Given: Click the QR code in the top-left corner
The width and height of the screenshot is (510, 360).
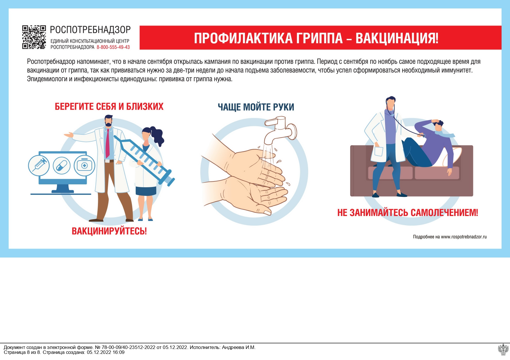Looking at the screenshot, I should click(34, 37).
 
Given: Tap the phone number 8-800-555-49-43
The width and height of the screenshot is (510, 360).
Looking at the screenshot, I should click(113, 47).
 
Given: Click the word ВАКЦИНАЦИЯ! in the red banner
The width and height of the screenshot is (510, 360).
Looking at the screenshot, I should click(397, 38).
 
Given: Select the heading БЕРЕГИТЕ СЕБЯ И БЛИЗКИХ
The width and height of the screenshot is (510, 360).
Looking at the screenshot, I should click(109, 107).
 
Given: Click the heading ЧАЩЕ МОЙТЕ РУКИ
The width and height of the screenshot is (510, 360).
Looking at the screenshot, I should click(256, 107).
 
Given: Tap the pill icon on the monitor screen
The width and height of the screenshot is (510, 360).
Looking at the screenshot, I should click(62, 166).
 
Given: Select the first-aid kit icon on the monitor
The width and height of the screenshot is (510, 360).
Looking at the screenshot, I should click(84, 166).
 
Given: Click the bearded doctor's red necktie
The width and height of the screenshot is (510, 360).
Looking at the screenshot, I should click(108, 144).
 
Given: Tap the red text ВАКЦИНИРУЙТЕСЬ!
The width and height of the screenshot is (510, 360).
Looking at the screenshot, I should click(109, 231).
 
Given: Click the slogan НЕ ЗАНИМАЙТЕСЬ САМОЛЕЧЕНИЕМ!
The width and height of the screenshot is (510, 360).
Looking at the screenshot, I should click(407, 213).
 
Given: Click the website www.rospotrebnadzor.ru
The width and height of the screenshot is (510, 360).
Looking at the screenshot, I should click(464, 237).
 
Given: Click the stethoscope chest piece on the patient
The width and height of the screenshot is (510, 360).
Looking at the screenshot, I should click(423, 136).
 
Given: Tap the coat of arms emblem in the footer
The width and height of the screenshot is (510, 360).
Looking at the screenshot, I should click(503, 350).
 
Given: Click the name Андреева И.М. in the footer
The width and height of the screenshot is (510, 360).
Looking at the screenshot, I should click(238, 347).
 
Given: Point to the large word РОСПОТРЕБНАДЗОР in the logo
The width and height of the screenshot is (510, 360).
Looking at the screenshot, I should click(90, 30).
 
